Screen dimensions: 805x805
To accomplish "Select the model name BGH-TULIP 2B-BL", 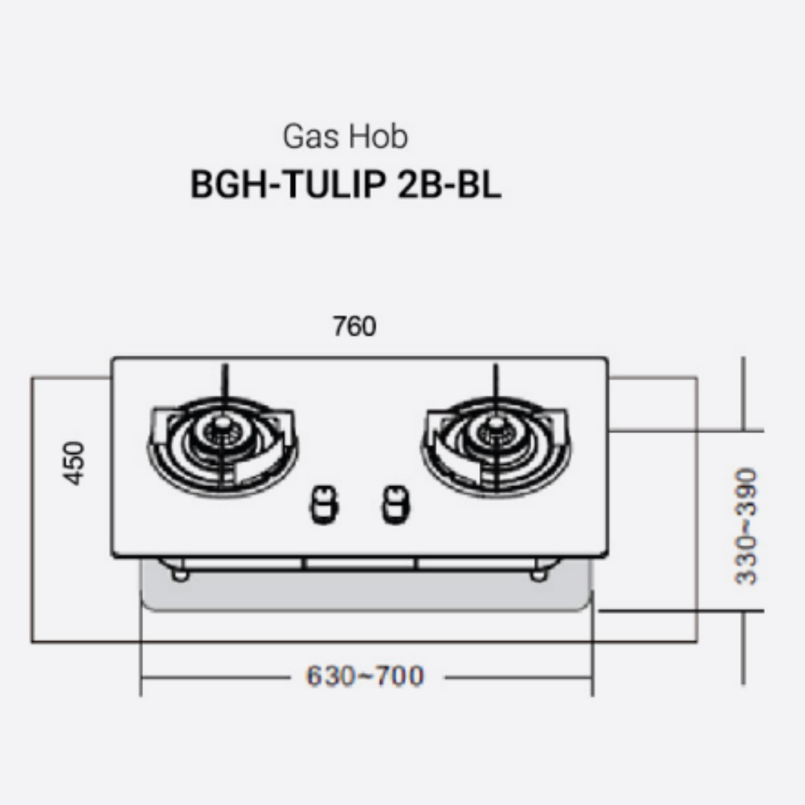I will (x=345, y=185).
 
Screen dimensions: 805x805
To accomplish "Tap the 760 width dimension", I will (x=355, y=326).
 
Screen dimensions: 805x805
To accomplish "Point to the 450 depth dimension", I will (x=75, y=463).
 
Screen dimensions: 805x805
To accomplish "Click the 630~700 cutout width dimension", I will (x=364, y=677).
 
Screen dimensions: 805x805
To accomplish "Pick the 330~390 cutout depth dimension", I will (x=745, y=526).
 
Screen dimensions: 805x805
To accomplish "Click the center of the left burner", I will (x=221, y=432).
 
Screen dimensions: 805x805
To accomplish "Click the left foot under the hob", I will (x=180, y=573).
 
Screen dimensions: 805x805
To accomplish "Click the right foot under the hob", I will (x=537, y=573).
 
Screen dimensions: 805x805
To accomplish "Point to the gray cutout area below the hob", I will (x=365, y=593).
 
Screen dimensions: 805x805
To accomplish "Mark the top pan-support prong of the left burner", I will (x=223, y=384).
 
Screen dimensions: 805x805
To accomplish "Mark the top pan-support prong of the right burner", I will (x=493, y=384).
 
